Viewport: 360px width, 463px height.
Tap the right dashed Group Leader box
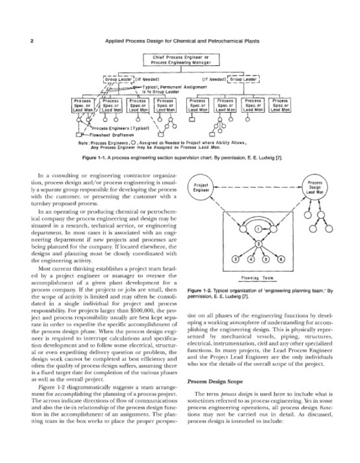[245, 78]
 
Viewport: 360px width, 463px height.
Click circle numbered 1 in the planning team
[258, 230]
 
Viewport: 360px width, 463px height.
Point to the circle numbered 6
[282, 259]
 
